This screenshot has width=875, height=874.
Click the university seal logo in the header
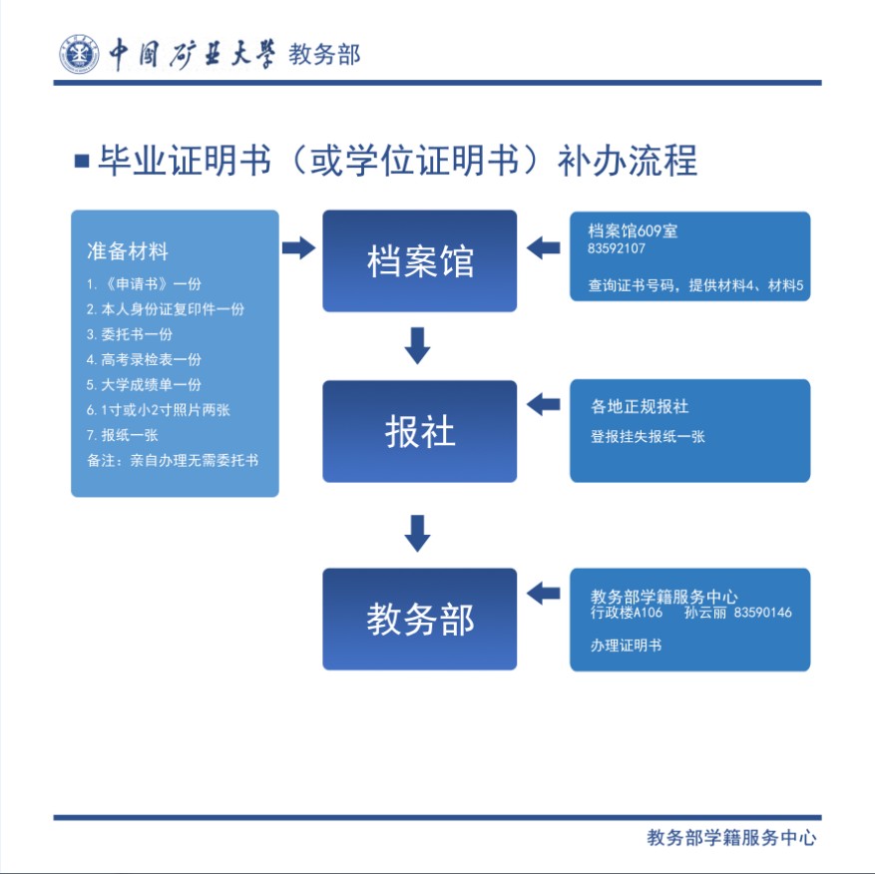[78, 54]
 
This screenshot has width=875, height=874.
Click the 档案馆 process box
[419, 260]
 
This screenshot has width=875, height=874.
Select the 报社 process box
[419, 431]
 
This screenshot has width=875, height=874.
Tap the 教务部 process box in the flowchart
[419, 619]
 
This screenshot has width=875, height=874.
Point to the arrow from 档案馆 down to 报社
[418, 345]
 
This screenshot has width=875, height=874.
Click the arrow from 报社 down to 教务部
[418, 533]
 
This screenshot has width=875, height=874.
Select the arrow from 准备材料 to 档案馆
[298, 247]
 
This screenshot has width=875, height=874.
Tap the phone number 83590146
[762, 613]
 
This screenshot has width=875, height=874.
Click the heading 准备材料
[127, 249]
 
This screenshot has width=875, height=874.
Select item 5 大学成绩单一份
[144, 384]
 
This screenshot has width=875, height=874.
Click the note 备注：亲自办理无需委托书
[173, 460]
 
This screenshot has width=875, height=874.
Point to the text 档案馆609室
[633, 230]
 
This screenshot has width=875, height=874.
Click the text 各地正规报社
[640, 406]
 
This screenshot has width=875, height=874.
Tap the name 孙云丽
[703, 613]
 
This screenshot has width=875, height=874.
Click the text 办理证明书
[626, 646]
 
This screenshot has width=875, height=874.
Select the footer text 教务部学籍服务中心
[731, 838]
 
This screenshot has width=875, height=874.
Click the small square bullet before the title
[82, 160]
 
